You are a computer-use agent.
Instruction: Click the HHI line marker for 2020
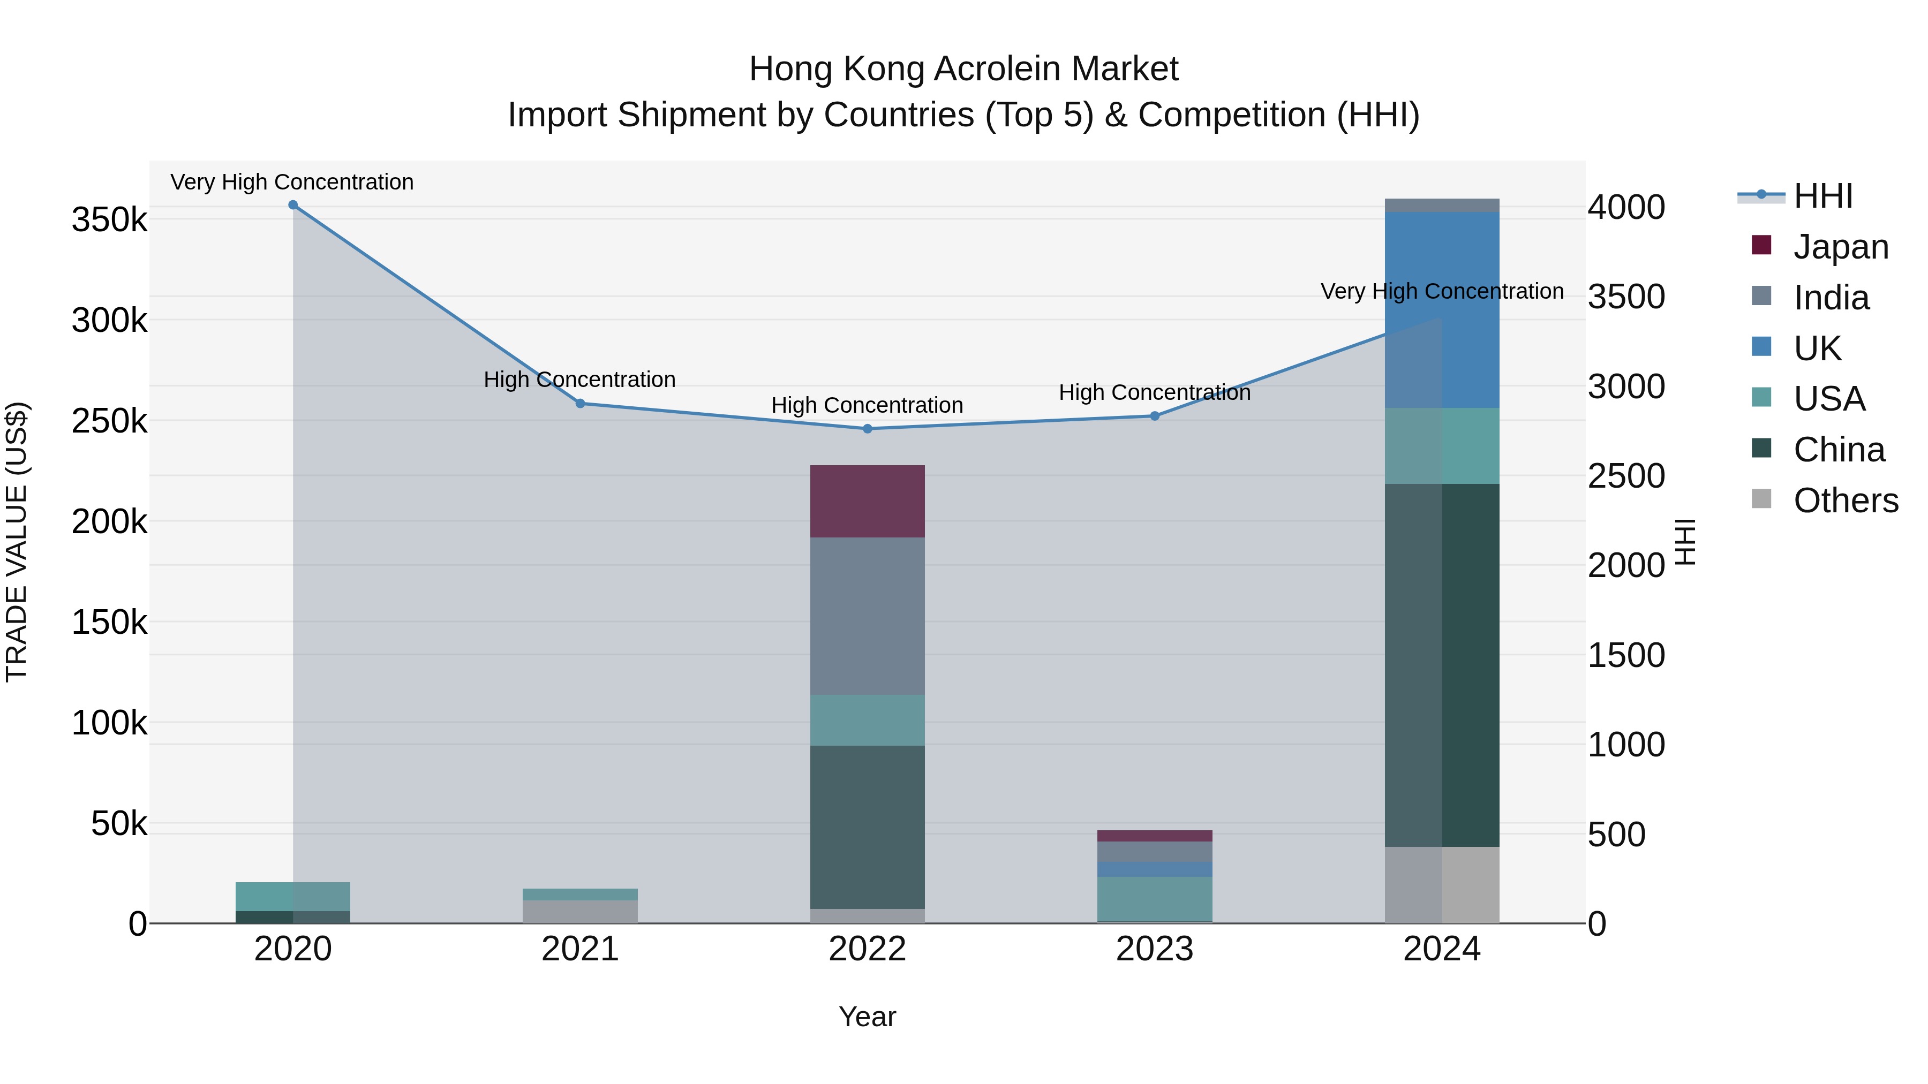(292, 205)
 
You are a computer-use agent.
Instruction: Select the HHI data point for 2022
(868, 429)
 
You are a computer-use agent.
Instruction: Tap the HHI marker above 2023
(1154, 416)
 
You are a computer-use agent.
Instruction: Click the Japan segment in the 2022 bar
(868, 501)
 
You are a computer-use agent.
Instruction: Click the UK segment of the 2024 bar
(1442, 310)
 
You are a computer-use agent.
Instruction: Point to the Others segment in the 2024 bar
(1442, 884)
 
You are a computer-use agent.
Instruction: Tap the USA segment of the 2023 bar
(1154, 898)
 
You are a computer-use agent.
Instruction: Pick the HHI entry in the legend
(1822, 196)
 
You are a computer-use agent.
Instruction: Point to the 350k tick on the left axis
(109, 221)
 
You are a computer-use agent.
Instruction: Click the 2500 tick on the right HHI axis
(1626, 476)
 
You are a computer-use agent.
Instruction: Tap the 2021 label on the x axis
(580, 949)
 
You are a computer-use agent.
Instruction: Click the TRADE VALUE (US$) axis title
(17, 542)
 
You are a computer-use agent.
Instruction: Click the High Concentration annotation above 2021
(579, 380)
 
